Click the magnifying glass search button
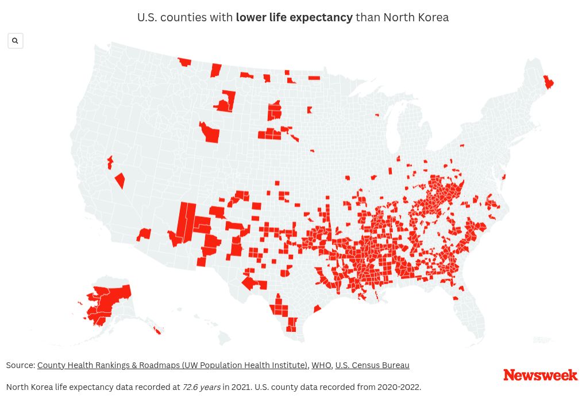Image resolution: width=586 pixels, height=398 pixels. (16, 41)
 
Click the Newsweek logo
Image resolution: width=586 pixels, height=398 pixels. (540, 375)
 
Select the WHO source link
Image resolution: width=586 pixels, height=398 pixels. (321, 365)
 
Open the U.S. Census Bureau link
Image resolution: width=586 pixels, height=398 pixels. (372, 365)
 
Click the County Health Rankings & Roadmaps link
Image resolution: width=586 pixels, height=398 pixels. (172, 365)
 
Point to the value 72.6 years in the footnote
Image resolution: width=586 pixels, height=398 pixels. (201, 387)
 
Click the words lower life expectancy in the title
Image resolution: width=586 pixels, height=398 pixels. (294, 17)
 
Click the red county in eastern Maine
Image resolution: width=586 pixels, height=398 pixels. (548, 83)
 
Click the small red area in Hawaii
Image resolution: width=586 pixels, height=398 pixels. (157, 331)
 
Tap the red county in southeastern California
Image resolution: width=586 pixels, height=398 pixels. (144, 234)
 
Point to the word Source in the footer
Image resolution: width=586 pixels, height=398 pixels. (20, 365)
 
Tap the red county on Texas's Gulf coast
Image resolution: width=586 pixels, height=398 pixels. (317, 309)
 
